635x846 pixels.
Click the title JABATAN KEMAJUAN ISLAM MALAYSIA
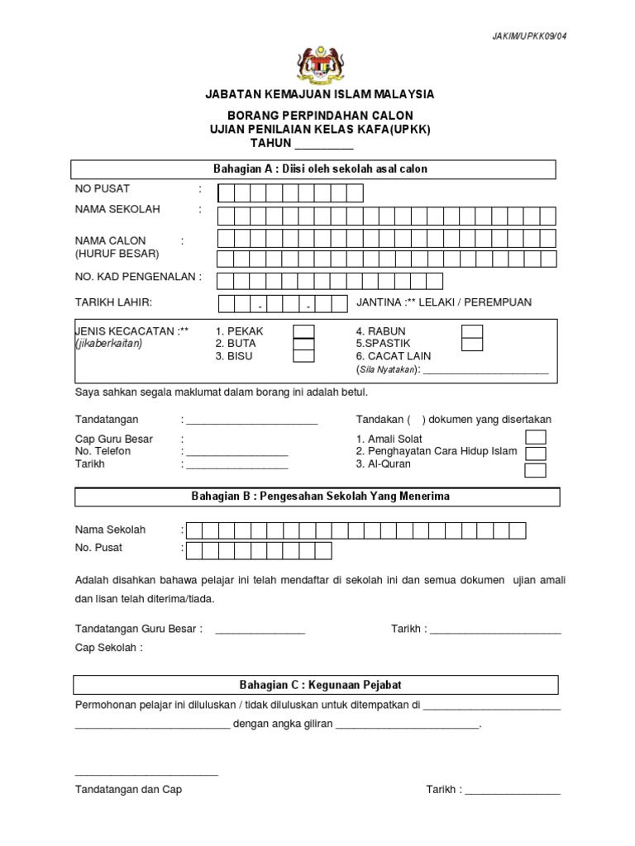319,95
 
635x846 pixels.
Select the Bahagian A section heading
320,169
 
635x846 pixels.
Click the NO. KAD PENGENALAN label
137,277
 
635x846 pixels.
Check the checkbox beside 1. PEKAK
303,331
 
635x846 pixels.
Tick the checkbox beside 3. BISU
303,356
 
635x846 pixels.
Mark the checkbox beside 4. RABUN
472,331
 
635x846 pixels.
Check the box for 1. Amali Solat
536,437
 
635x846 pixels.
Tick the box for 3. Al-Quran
536,470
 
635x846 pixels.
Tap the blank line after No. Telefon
237,454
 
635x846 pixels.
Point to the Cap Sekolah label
108,648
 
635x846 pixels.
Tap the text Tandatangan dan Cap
128,789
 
